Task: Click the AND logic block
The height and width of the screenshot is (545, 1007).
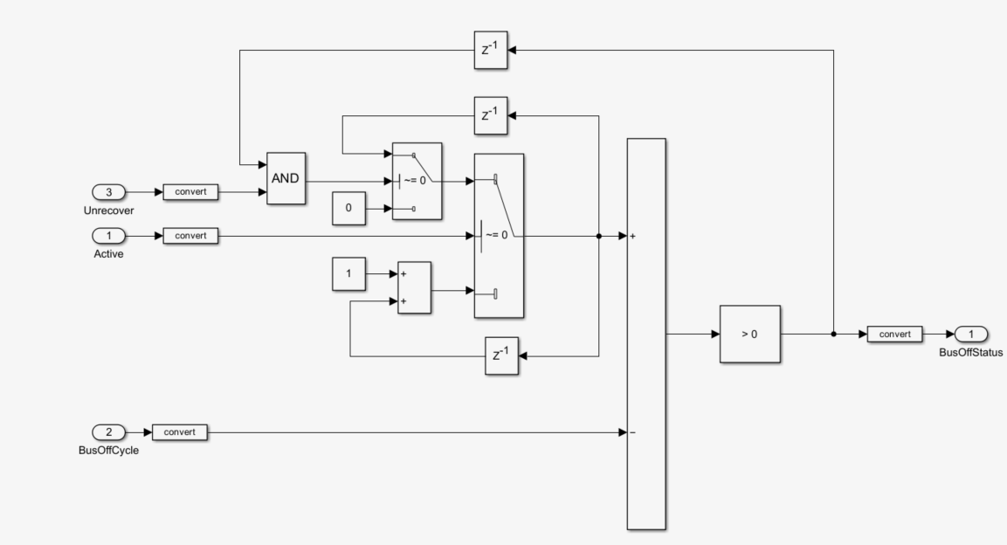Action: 286,177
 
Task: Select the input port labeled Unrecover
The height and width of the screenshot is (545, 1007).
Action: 110,190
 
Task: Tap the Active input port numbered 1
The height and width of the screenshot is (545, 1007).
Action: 110,236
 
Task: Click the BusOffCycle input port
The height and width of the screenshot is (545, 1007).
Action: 110,431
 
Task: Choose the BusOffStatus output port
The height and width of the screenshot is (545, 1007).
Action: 971,334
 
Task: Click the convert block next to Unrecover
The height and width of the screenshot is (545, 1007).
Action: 190,190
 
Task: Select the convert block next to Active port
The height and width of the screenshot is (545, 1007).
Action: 190,236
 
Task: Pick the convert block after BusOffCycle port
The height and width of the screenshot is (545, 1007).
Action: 180,431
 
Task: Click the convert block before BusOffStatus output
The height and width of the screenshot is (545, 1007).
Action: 895,334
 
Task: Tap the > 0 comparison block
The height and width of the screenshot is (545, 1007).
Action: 749,334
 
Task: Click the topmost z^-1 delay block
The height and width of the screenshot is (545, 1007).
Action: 490,50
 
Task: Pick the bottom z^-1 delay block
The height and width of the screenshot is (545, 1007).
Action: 501,356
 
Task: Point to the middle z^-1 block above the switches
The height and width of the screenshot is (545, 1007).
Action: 490,115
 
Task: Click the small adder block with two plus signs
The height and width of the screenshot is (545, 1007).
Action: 414,287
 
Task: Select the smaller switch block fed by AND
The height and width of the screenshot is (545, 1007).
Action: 417,181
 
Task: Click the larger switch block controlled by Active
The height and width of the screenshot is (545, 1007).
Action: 498,236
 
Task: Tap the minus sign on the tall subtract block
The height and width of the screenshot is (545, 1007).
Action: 631,431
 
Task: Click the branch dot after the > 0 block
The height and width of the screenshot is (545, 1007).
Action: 833,334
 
